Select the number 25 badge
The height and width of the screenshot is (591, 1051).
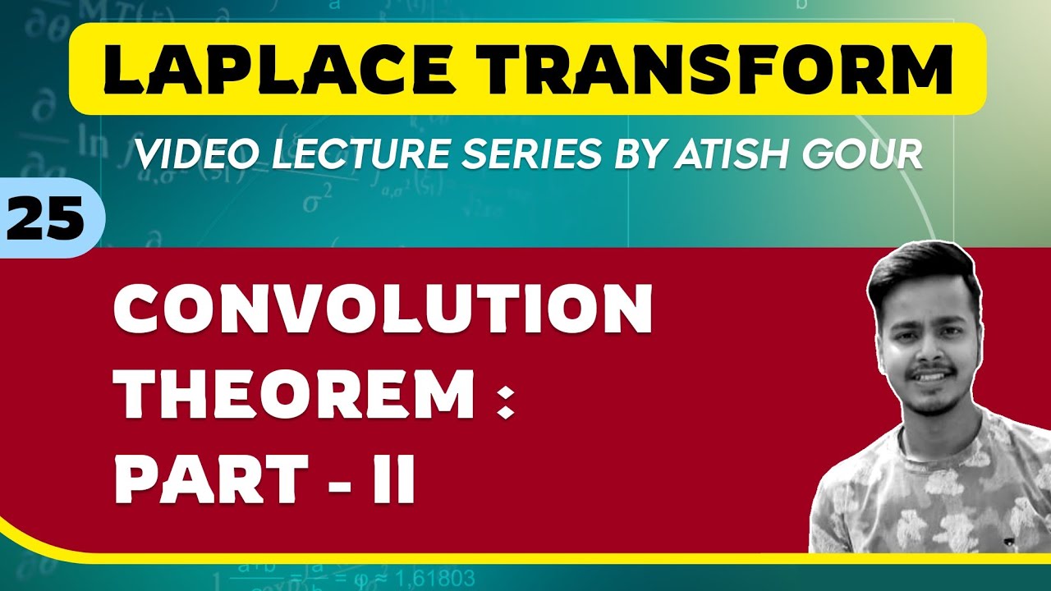(x=46, y=220)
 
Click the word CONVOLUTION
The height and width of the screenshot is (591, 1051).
(x=383, y=311)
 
